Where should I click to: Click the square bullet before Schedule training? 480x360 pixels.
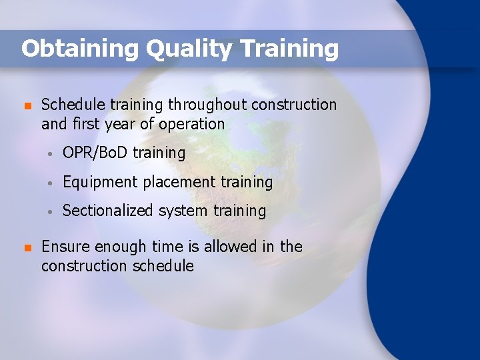27,106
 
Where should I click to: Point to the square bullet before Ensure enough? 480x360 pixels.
27,248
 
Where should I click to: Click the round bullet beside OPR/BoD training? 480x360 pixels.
51,154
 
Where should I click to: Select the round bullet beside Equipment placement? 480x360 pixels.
51,183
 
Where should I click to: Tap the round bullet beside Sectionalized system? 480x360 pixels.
51,212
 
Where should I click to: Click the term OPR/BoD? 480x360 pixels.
95,153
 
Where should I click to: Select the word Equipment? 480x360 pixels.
101,182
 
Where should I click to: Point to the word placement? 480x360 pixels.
175,182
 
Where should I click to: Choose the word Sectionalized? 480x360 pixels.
108,211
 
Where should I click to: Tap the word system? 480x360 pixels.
183,211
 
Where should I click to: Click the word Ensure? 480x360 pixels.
65,247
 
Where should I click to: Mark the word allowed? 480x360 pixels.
230,247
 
